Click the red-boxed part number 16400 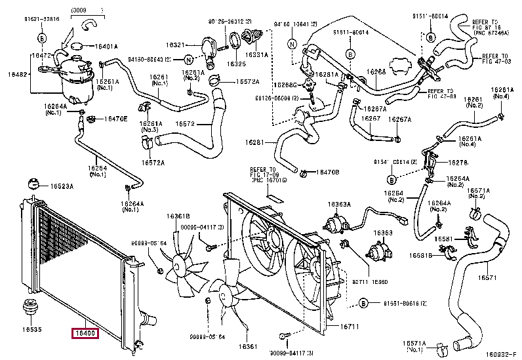click(85, 333)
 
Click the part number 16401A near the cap click(104, 47)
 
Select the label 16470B click(327, 172)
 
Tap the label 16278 click(458, 162)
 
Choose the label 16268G click(285, 85)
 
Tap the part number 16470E click(115, 119)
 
